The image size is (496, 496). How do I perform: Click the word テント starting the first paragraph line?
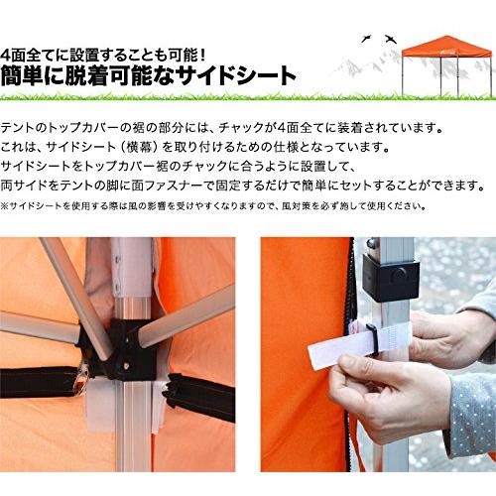coord(23,130)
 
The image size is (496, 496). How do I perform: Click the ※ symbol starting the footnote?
coord(6,205)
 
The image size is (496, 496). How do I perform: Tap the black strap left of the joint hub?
coord(40,383)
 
